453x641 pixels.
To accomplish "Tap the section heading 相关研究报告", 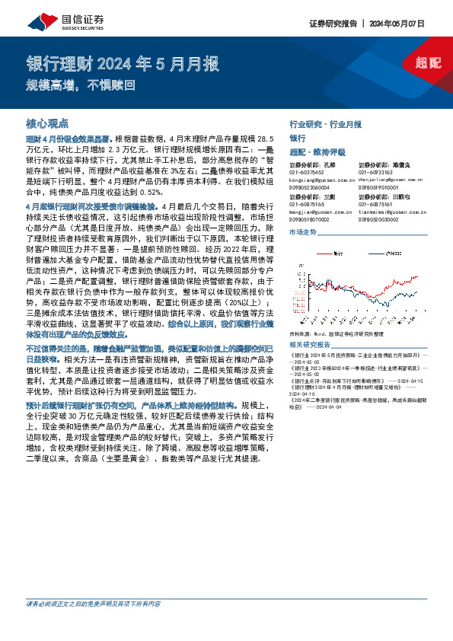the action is pos(311,347).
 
